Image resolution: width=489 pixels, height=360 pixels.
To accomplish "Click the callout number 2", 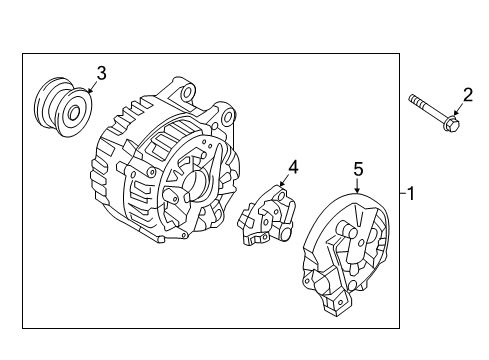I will [x=466, y=96].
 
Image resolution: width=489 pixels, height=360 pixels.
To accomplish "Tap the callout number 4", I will [x=294, y=167].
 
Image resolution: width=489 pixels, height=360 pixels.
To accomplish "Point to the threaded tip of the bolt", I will [x=412, y=99].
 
